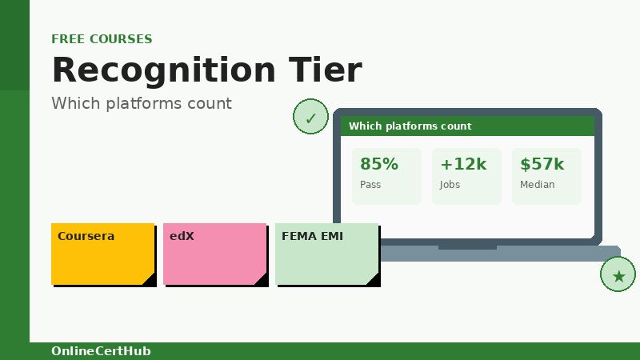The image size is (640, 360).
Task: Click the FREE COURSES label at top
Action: point(102,39)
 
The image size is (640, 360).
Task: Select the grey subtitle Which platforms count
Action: point(142,103)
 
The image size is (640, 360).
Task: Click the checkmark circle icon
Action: point(310,118)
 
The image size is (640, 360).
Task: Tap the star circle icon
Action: point(618,275)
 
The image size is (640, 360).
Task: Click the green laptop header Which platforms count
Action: point(410,126)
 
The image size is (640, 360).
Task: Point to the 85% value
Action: point(378,164)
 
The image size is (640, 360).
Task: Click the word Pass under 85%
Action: point(370,185)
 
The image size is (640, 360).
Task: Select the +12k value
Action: point(463,164)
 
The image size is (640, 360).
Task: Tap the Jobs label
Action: point(450,185)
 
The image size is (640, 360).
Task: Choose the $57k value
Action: point(542,164)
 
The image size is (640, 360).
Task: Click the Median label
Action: point(537,185)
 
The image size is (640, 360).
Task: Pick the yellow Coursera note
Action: point(102,254)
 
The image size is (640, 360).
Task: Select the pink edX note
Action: point(214,254)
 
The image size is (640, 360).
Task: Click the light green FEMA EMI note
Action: point(326,254)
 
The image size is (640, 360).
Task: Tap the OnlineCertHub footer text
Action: point(101,351)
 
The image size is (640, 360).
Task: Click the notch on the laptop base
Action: point(467,247)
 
